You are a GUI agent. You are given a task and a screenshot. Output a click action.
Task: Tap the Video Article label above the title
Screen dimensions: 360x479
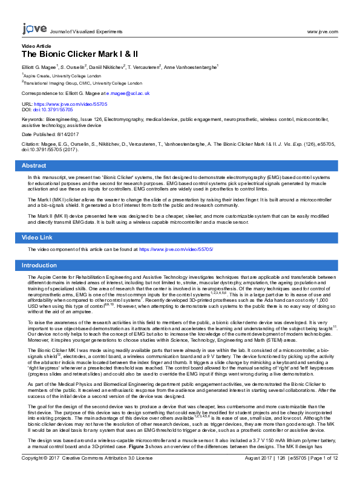click(36, 46)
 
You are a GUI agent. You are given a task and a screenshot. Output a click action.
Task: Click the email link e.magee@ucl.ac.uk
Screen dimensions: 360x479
click(128, 94)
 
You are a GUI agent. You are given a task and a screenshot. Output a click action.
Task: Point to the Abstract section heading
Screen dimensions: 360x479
click(34, 165)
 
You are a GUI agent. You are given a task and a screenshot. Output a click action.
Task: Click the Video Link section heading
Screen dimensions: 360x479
click(37, 238)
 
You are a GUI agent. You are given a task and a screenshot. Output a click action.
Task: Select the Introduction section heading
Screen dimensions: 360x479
click(39, 266)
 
